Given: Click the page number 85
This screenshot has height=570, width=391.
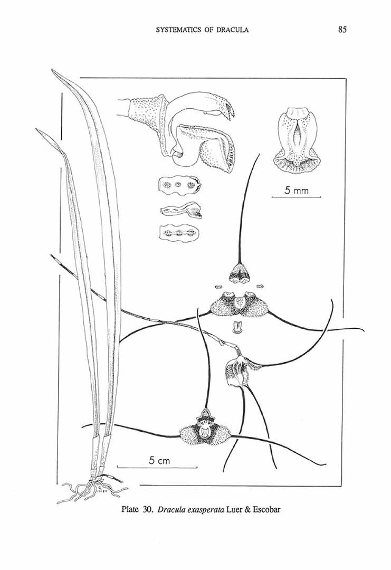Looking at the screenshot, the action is (x=342, y=30).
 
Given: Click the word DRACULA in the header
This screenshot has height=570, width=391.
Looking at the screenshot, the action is (x=232, y=30).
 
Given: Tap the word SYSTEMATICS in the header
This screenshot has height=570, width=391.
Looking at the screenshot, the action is (x=177, y=30).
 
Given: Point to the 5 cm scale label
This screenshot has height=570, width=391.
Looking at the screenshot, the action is (x=159, y=461).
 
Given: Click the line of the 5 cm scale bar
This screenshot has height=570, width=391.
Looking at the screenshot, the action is (x=157, y=467).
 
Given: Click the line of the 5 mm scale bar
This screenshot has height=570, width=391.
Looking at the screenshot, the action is (x=296, y=197).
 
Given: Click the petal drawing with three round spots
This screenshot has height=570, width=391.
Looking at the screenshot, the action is (x=179, y=185).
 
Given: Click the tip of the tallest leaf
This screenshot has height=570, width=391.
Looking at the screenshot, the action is (x=53, y=70).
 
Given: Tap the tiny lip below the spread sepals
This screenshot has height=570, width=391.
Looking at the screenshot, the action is (x=237, y=327).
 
